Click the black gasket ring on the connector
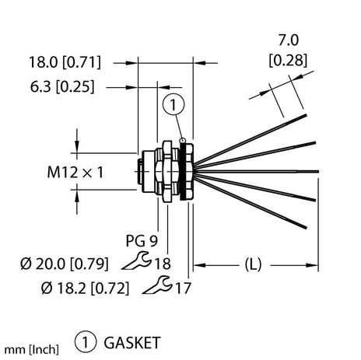click(184, 169)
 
